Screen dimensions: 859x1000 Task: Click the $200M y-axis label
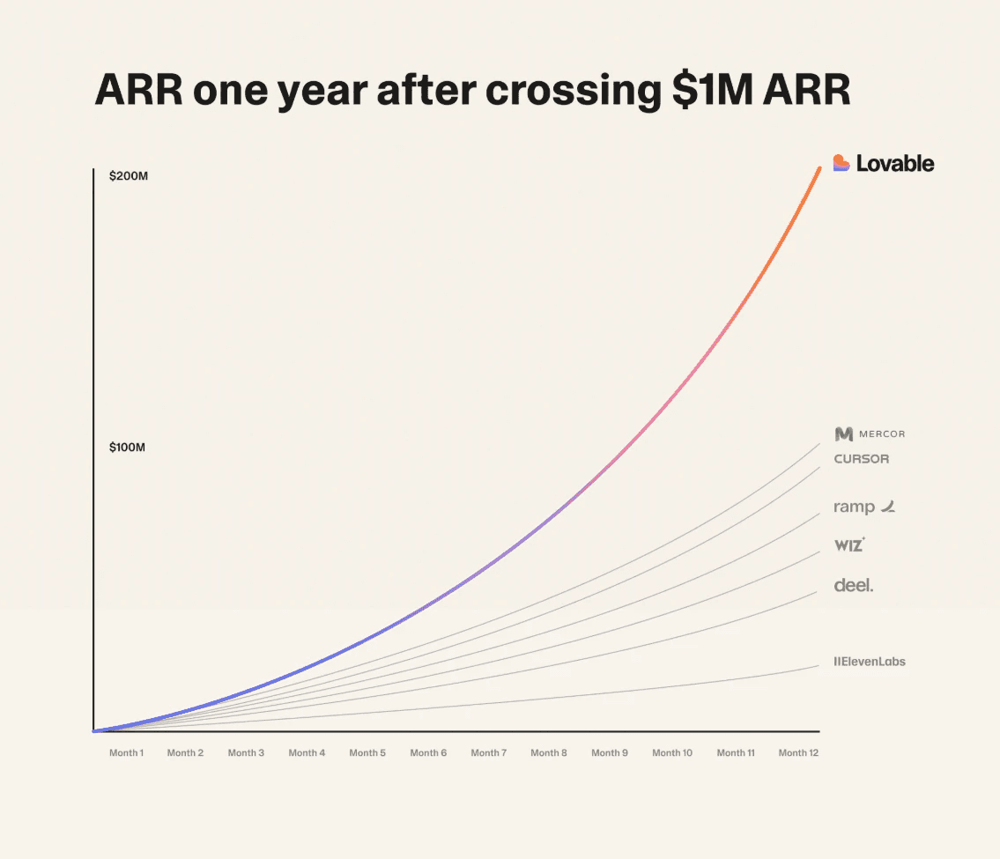pos(128,176)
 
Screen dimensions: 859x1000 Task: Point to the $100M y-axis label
pos(128,448)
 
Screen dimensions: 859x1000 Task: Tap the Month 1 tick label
pos(126,753)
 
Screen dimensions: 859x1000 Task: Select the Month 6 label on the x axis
pos(428,753)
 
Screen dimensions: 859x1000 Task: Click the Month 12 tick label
pos(798,753)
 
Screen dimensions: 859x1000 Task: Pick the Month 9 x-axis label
pos(610,753)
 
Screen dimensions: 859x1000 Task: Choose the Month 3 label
pos(246,753)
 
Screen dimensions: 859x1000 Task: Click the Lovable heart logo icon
pos(841,163)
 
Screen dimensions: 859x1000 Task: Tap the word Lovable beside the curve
pos(895,163)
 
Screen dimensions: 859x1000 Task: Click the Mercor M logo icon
pos(844,433)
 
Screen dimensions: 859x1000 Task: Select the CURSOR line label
pos(862,459)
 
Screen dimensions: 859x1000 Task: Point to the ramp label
pos(855,507)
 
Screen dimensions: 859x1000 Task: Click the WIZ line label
pos(848,545)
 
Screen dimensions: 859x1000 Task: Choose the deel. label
pos(854,585)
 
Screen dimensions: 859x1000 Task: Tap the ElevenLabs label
pos(870,662)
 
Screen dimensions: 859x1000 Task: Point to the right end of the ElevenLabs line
pos(819,665)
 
